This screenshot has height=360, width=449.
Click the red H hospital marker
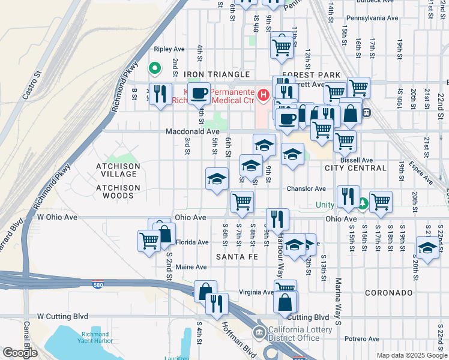pyautogui.click(x=262, y=95)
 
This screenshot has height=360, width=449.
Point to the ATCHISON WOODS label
pyautogui.click(x=118, y=191)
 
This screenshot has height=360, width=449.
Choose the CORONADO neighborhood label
pyautogui.click(x=388, y=293)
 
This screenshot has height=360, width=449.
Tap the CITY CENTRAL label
pyautogui.click(x=355, y=168)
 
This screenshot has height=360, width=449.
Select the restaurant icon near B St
pyautogui.click(x=160, y=94)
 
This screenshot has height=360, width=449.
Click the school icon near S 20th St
pyautogui.click(x=427, y=247)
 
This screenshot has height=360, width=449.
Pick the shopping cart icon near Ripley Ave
pyautogui.click(x=282, y=46)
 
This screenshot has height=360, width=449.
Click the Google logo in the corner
pyautogui.click(x=20, y=353)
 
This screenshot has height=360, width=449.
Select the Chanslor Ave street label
pyautogui.click(x=306, y=188)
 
